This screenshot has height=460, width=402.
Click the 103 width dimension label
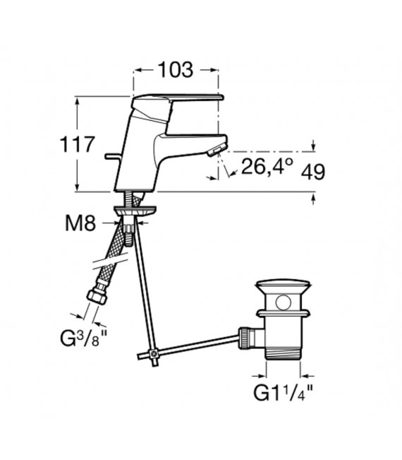176,70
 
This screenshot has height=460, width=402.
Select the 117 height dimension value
78,144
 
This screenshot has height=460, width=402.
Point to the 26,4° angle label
267,166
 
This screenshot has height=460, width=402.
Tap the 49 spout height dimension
313,172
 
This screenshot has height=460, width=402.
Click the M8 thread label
80,223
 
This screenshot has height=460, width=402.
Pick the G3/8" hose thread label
83,338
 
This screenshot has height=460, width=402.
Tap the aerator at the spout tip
216,151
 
